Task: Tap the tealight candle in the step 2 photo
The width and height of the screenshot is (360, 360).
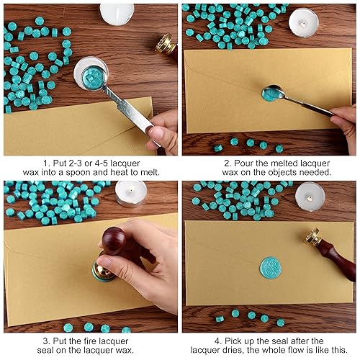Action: click(303, 22)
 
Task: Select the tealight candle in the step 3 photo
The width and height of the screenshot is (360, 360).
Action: click(131, 193)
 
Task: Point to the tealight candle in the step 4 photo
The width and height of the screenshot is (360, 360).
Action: click(310, 194)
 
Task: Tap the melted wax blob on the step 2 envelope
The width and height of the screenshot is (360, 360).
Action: click(271, 94)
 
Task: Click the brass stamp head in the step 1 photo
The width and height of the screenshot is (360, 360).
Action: click(166, 43)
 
